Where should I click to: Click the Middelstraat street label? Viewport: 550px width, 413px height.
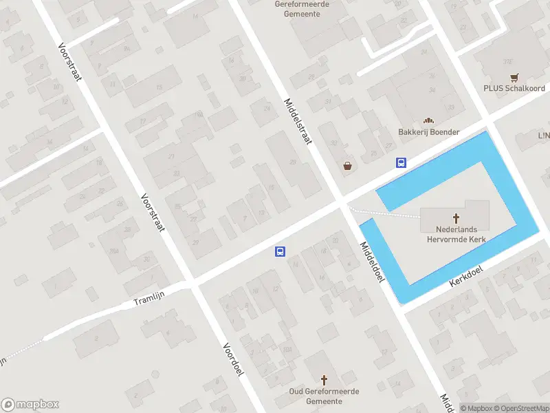point(298,120)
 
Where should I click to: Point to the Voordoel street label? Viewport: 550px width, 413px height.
point(234,359)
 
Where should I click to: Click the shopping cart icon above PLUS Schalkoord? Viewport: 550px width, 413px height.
point(514,78)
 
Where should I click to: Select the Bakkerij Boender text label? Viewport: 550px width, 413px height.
point(428,132)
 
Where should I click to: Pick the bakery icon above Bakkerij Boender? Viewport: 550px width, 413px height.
point(428,121)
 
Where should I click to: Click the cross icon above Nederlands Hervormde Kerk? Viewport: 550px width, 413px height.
point(455,218)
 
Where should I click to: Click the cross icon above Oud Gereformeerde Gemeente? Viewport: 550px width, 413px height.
point(324,380)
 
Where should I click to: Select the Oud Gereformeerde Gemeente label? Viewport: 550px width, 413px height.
point(324,396)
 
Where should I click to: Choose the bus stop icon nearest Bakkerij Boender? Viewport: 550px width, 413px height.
point(401,163)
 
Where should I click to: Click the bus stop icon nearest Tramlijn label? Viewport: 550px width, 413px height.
point(280,252)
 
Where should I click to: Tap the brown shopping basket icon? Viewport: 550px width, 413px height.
point(349,166)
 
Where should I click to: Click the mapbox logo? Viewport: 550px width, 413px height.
point(30,405)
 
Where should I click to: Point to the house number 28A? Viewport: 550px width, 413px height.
point(113,251)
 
